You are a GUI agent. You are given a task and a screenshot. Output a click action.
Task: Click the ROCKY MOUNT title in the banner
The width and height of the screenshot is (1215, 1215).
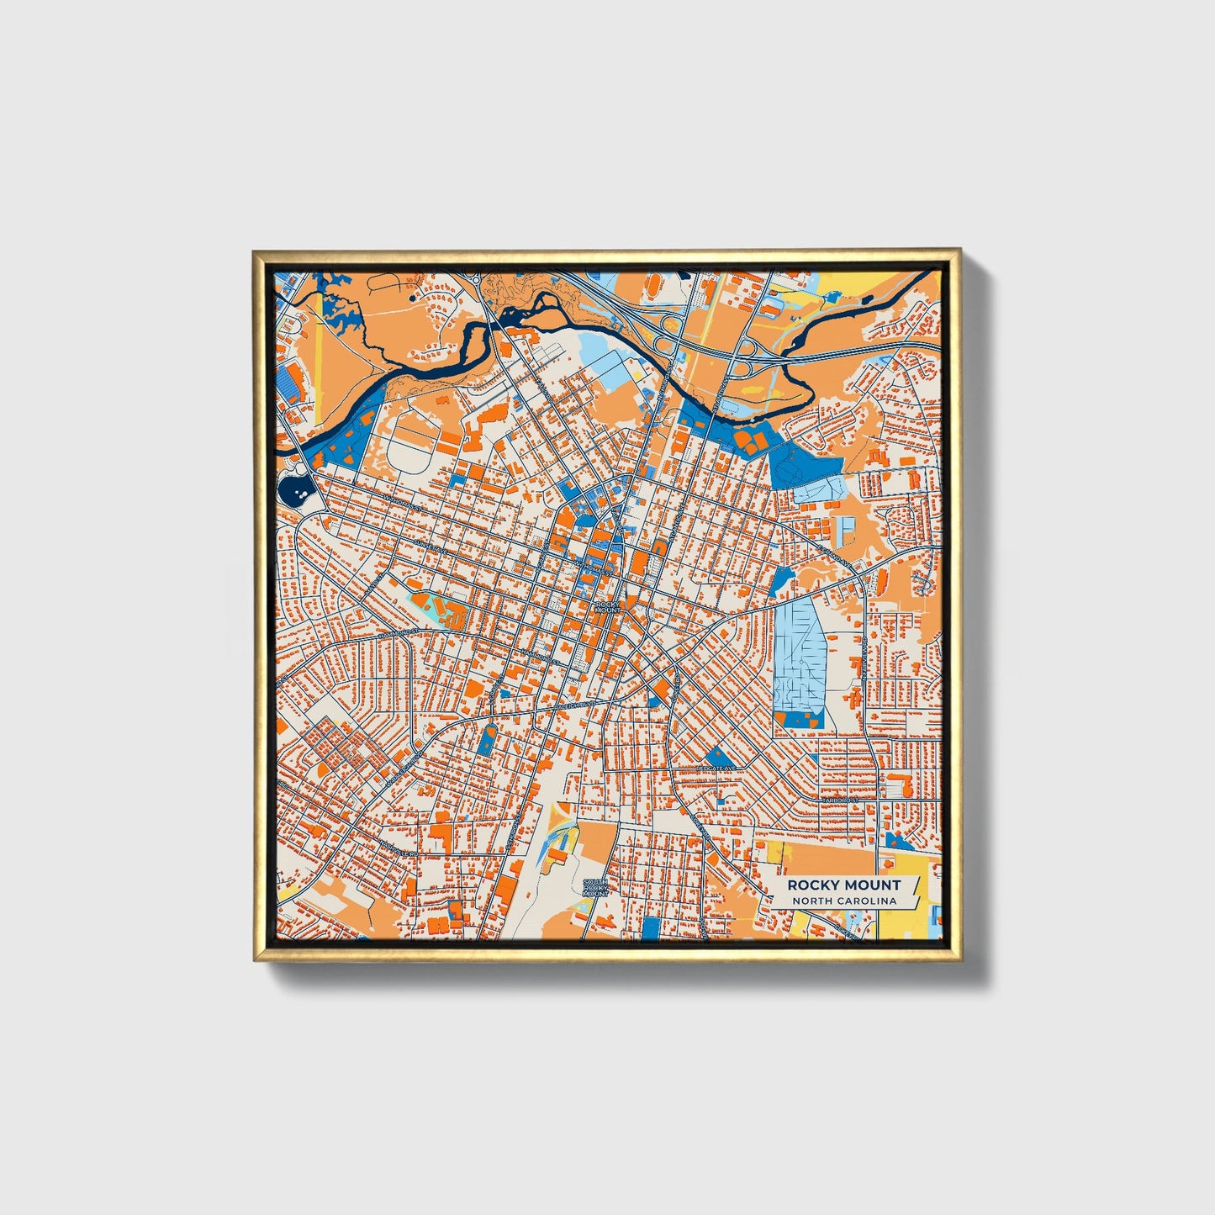[x=843, y=885]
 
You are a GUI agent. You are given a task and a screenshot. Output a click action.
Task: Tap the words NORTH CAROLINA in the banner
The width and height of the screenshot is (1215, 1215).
[x=843, y=901]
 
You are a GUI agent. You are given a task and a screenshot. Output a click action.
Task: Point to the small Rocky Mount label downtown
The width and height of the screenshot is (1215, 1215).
[x=606, y=607]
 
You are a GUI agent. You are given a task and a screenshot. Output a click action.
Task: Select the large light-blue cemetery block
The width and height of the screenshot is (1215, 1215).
[x=799, y=652]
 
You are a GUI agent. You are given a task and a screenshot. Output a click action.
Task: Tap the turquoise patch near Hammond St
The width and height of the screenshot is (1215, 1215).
[x=420, y=604]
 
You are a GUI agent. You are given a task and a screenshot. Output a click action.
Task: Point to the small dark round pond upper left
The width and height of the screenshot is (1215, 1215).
[x=411, y=296]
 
